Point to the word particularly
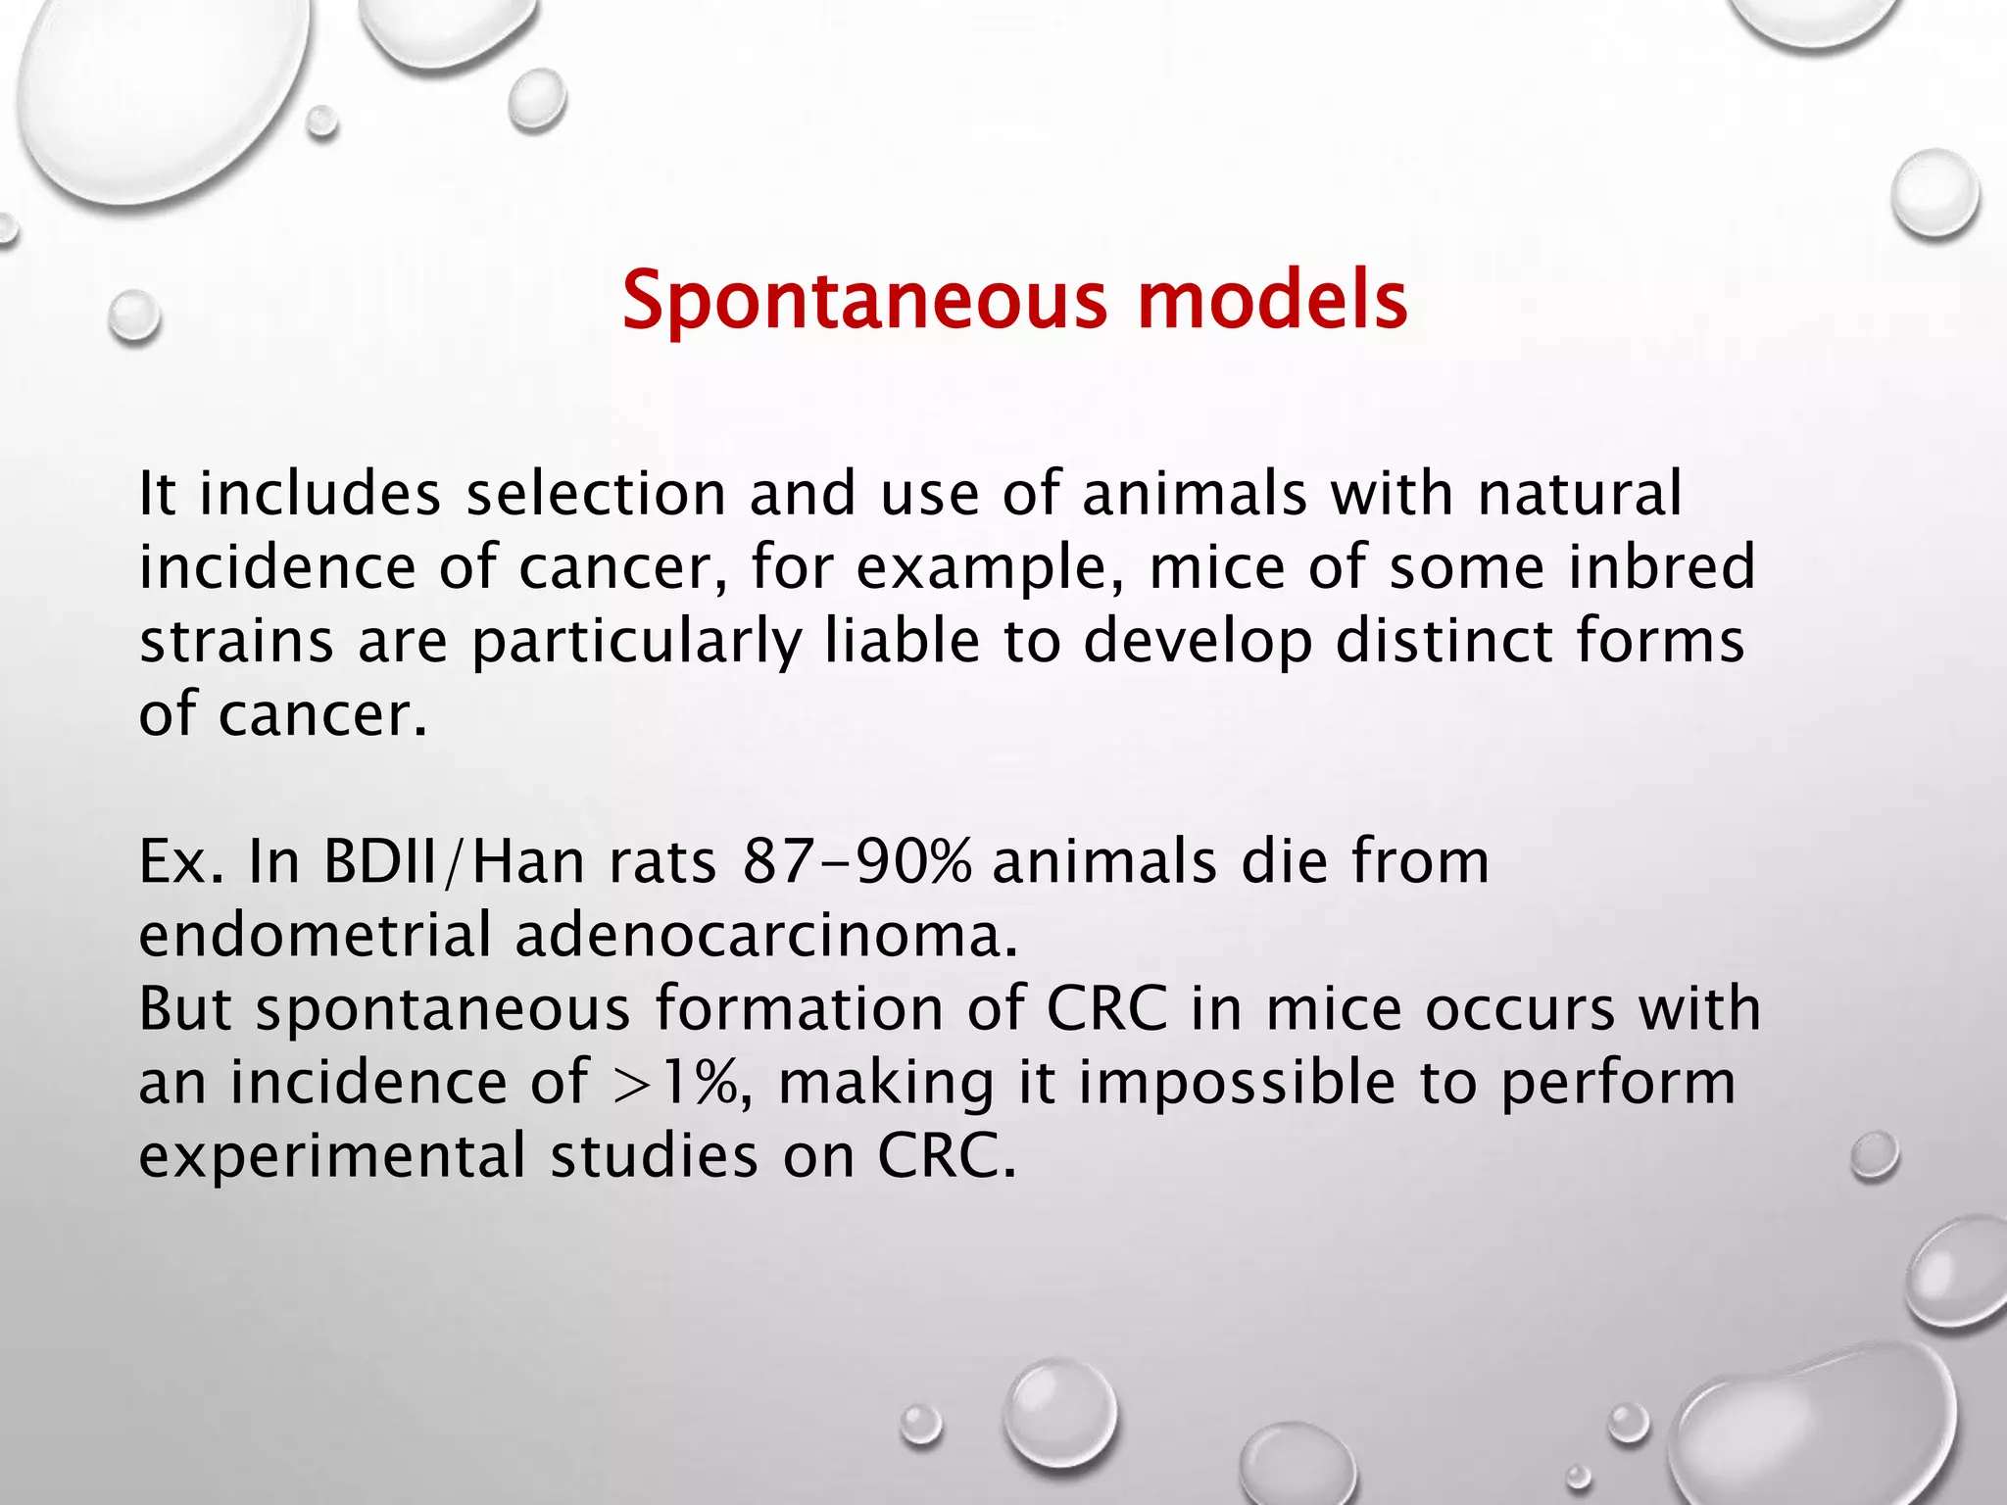[637, 643]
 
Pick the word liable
[902, 641]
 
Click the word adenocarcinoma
[766, 936]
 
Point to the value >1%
[675, 1084]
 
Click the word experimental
[333, 1157]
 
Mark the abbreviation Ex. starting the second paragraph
[182, 862]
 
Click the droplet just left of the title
[134, 316]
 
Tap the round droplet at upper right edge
[1934, 194]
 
